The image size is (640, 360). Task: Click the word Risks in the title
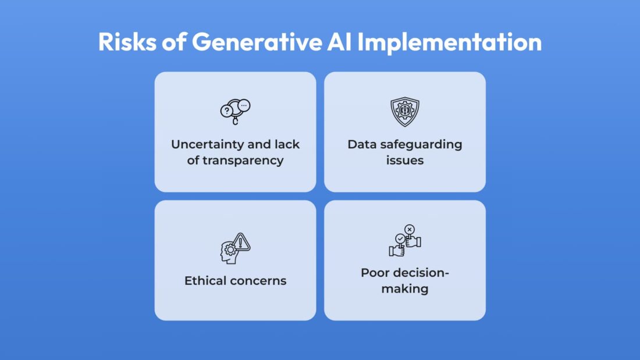click(x=127, y=42)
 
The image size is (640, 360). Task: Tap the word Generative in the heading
click(x=257, y=42)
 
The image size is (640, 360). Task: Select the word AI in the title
click(x=339, y=42)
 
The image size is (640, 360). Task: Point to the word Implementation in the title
click(x=449, y=42)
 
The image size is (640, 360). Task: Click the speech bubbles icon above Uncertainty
click(x=236, y=112)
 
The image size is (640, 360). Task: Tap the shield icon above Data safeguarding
click(x=405, y=112)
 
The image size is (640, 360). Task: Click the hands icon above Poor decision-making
click(x=405, y=241)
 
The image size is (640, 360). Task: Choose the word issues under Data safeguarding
click(x=405, y=161)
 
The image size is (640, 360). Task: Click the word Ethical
click(x=205, y=281)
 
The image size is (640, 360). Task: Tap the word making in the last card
click(x=405, y=289)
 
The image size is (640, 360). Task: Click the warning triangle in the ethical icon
click(x=241, y=242)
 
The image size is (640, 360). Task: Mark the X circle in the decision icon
click(x=410, y=229)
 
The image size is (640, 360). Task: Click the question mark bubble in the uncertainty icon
click(x=226, y=111)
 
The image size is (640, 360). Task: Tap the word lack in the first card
click(x=287, y=144)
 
